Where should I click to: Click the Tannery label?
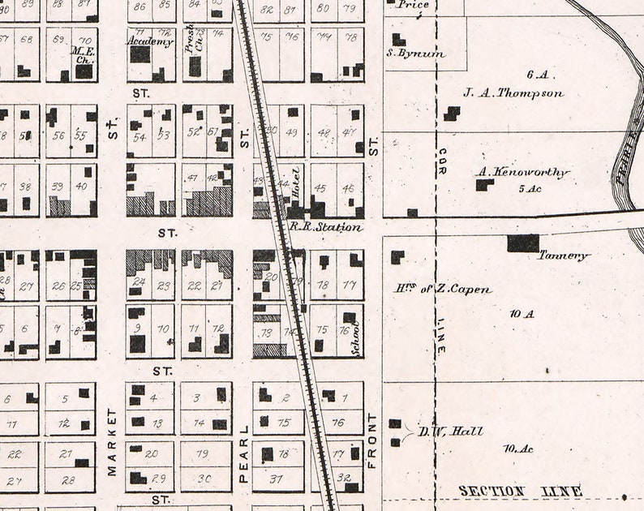pyautogui.click(x=564, y=255)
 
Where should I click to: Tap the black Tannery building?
pyautogui.click(x=523, y=243)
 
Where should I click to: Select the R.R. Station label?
pyautogui.click(x=325, y=227)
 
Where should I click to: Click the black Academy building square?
pyautogui.click(x=140, y=54)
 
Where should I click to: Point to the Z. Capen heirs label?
pyautogui.click(x=443, y=289)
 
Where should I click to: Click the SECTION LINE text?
pyautogui.click(x=520, y=492)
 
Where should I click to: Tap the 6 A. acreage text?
pyautogui.click(x=538, y=75)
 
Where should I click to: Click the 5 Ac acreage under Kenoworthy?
pyautogui.click(x=528, y=189)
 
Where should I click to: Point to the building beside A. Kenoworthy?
pyautogui.click(x=484, y=185)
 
